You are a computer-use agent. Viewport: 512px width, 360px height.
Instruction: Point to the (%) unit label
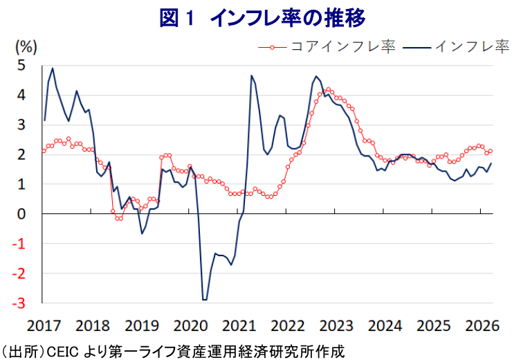(26, 47)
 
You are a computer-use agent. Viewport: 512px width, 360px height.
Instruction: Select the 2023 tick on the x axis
(336, 325)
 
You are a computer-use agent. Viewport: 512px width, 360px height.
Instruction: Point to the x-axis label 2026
(482, 325)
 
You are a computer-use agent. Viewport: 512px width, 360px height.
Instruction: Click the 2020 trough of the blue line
(204, 299)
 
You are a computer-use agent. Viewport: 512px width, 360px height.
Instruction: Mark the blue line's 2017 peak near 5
(53, 68)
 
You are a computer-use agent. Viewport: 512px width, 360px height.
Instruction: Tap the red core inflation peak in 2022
(328, 89)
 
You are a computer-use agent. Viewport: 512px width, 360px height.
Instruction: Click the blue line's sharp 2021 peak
(251, 75)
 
